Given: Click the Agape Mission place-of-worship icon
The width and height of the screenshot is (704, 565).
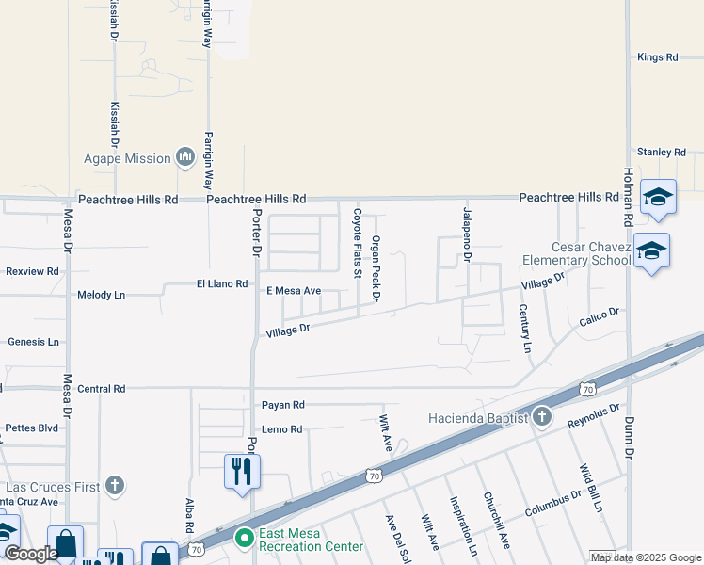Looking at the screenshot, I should click(184, 157).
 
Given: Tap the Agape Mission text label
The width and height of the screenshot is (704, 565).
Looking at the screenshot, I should click(127, 158).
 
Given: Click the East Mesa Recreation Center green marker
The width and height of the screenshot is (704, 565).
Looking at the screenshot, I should click(245, 538).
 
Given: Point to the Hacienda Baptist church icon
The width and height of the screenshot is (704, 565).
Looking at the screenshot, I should click(542, 416).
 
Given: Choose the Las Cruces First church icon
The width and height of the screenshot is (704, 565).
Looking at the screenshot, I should click(115, 486).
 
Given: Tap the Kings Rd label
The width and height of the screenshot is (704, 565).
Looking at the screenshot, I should click(657, 57).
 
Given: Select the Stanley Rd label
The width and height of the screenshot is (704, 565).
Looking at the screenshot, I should click(661, 152).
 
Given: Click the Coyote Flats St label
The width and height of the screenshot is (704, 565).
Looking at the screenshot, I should click(358, 244).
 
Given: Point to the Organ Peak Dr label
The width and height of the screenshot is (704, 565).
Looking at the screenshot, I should click(375, 268).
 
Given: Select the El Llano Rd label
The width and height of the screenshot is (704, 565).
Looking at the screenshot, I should click(221, 283).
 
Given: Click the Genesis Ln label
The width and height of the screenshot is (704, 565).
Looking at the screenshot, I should click(33, 342).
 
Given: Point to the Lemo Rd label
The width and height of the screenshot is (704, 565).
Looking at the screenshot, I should click(282, 429).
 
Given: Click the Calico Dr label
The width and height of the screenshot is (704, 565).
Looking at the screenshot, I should click(599, 317).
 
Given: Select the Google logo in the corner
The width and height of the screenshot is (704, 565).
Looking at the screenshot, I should click(31, 554).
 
